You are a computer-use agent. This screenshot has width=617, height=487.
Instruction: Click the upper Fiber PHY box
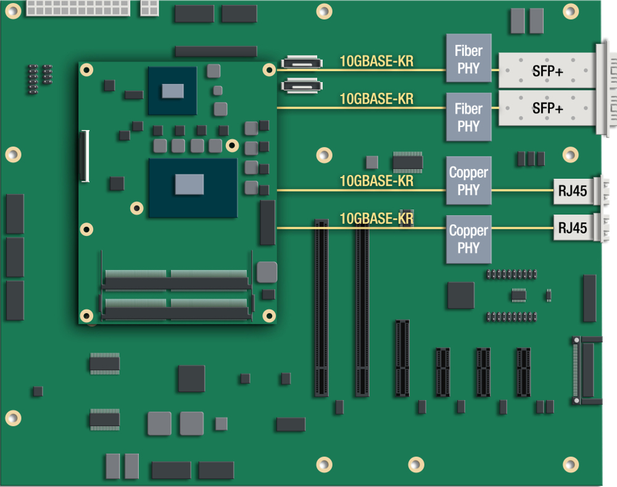(468, 59)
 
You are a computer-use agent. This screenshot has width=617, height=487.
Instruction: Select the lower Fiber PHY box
(468, 117)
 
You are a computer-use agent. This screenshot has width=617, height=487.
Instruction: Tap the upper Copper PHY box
(468, 181)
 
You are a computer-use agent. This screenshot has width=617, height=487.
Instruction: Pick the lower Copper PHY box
(468, 239)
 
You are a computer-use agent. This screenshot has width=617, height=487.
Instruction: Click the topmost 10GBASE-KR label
(376, 62)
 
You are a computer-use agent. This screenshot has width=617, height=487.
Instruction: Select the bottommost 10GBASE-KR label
(376, 219)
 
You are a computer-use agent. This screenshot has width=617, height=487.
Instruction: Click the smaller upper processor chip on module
(172, 91)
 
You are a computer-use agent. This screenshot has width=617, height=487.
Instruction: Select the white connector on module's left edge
(85, 156)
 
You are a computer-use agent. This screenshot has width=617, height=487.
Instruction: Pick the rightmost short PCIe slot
(523, 372)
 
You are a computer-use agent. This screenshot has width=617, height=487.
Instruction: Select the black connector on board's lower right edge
(586, 370)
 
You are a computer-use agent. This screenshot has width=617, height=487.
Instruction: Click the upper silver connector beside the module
(302, 63)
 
